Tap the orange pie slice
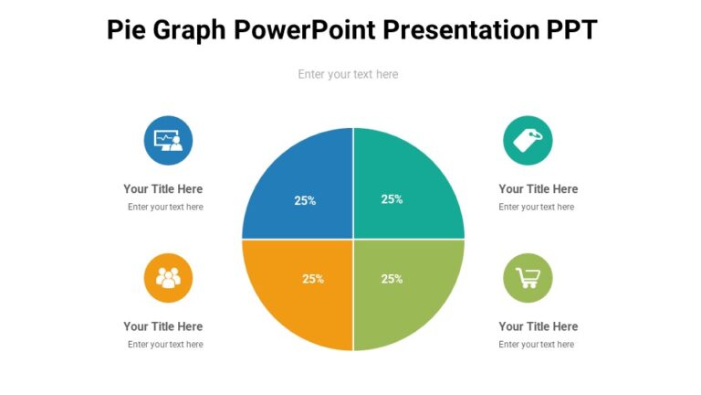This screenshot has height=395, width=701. (x=288, y=302)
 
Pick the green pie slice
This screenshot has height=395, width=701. (x=415, y=302)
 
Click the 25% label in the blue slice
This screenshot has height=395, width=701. (x=305, y=200)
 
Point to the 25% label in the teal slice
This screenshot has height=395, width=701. (x=392, y=199)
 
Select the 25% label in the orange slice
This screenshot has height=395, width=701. (x=313, y=279)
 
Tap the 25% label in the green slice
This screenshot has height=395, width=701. (x=392, y=279)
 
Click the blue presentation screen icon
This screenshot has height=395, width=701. (x=168, y=140)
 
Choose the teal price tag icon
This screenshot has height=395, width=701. (x=528, y=140)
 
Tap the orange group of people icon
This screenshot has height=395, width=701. (x=168, y=278)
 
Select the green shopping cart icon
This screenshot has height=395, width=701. (x=528, y=278)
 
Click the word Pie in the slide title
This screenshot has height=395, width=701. (x=126, y=30)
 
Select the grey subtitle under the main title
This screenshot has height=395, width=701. (x=348, y=74)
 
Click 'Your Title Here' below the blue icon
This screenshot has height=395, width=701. (x=163, y=189)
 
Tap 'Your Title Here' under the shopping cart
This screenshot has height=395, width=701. (x=538, y=326)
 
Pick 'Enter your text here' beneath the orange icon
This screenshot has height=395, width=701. (x=165, y=345)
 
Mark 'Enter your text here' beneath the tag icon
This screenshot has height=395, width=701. (x=536, y=208)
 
